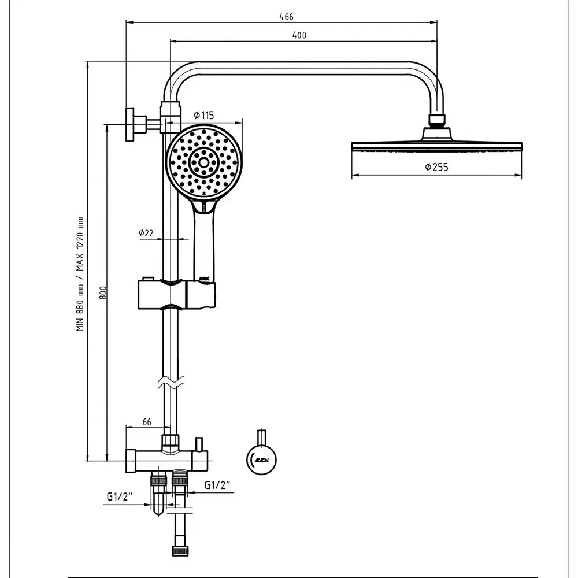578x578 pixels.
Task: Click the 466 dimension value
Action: coord(286,17)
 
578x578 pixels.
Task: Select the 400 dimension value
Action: coord(299,35)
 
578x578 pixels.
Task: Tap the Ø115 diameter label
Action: coord(203,115)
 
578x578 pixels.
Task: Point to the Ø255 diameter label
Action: coord(436,168)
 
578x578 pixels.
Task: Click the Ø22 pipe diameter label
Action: coord(146,233)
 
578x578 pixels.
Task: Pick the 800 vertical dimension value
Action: coord(103,293)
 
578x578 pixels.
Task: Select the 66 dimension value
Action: coord(146,422)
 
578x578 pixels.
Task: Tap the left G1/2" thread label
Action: coord(120,497)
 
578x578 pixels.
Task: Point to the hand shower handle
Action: coord(204,243)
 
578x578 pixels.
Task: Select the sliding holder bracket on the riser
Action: coord(176,295)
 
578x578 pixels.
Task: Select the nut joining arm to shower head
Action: coord(438,120)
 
